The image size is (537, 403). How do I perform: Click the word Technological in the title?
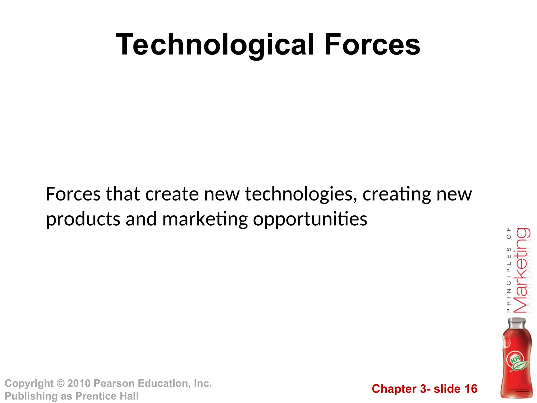pyautogui.click(x=215, y=45)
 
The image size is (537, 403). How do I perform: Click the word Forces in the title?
pyautogui.click(x=372, y=45)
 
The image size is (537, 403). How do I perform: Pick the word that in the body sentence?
pyautogui.click(x=123, y=194)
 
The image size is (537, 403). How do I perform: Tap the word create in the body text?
pyautogui.click(x=172, y=194)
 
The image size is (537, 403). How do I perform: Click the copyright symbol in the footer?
pyautogui.click(x=61, y=383)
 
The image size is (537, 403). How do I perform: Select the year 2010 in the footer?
pyautogui.click(x=79, y=383)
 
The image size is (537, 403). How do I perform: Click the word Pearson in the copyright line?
pyautogui.click(x=114, y=383)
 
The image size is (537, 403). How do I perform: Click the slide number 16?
pyautogui.click(x=471, y=389)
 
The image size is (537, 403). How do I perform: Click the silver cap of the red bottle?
pyautogui.click(x=517, y=323)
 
